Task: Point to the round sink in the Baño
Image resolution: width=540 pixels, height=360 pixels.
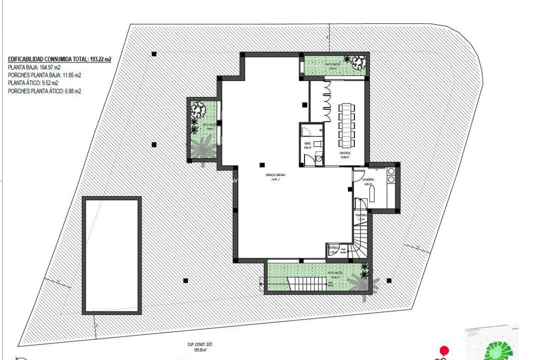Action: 318,159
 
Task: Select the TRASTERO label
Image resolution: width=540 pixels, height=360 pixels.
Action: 361,215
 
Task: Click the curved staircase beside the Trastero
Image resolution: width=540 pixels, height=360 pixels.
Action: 361,242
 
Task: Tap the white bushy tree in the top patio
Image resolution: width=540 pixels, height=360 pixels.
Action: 358,62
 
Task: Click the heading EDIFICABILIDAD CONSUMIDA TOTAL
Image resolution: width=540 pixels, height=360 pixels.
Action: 59,59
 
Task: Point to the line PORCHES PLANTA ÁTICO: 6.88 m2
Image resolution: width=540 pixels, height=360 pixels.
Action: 44,91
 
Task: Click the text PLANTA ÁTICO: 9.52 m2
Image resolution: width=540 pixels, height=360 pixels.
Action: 33,83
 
